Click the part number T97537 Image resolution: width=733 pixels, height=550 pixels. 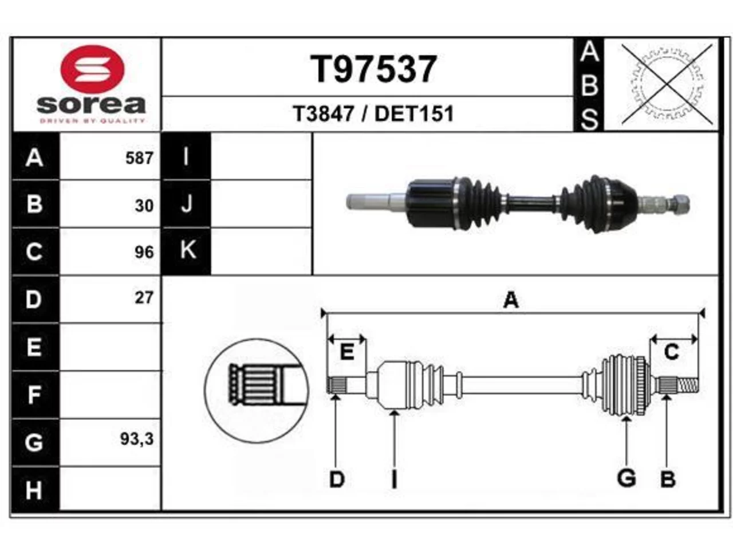[x=373, y=69]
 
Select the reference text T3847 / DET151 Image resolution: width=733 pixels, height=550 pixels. [x=373, y=113]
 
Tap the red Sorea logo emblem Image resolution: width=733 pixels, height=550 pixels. [x=93, y=69]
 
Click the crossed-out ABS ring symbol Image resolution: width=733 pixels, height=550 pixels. [x=667, y=84]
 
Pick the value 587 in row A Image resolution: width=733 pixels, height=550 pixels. [x=139, y=158]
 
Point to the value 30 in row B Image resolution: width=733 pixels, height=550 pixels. [x=144, y=206]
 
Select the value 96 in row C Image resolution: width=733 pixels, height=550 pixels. [x=144, y=253]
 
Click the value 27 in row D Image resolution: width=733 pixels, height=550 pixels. [x=144, y=298]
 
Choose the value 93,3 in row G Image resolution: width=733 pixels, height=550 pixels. [x=137, y=439]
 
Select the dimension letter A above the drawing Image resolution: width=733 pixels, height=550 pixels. [x=511, y=300]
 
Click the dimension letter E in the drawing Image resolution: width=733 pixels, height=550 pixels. [x=346, y=352]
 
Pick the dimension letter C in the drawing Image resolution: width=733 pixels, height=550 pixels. [x=672, y=352]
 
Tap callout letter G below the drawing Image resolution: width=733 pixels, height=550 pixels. [x=626, y=478]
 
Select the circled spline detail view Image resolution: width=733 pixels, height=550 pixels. [x=256, y=391]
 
